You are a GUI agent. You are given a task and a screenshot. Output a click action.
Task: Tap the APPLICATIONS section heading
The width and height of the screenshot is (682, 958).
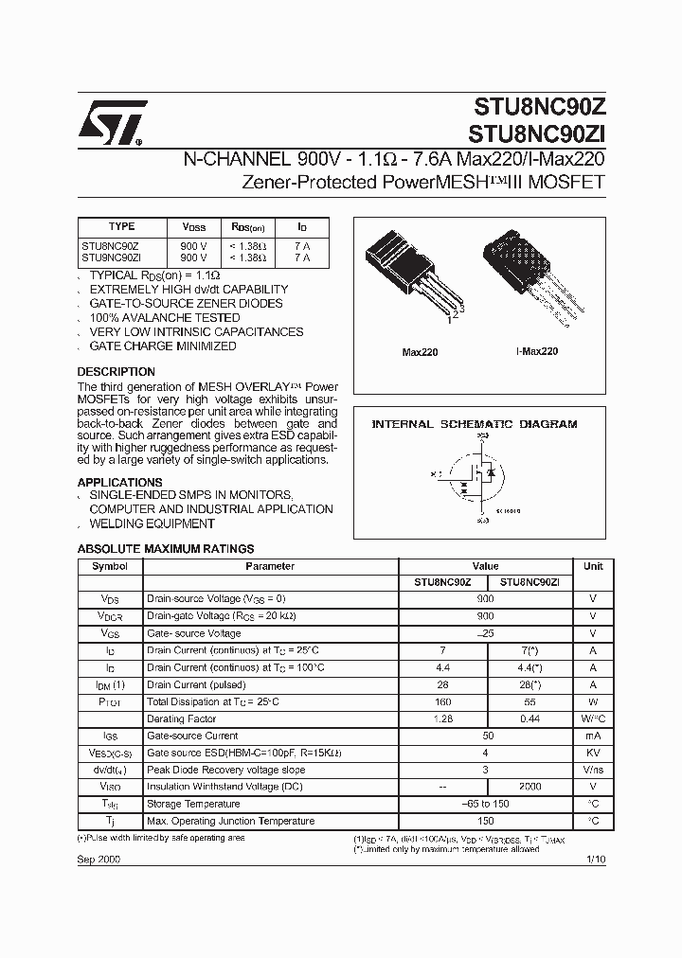click(x=119, y=482)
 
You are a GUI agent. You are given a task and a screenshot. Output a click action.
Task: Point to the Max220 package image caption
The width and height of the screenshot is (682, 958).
click(x=420, y=352)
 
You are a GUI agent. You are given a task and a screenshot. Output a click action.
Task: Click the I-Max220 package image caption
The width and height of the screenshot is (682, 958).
click(x=536, y=351)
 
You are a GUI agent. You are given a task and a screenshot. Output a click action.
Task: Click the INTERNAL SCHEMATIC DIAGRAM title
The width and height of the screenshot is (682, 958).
click(x=474, y=424)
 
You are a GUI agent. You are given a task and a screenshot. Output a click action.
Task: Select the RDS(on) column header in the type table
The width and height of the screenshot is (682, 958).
click(x=248, y=228)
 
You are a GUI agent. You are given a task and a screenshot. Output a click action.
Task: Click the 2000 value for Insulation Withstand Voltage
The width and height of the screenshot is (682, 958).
click(x=529, y=787)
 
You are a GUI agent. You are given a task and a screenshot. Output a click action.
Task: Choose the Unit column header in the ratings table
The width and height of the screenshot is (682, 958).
click(x=593, y=566)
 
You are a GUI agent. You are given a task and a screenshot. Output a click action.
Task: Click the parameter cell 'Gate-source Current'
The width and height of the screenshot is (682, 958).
click(x=192, y=736)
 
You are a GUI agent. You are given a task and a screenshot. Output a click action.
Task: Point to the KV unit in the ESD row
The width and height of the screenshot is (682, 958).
click(x=593, y=753)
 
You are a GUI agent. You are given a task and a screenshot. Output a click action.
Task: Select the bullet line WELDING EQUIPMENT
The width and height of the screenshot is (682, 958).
click(x=152, y=523)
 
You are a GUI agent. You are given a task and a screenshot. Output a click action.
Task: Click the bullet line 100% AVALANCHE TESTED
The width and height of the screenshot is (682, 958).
click(x=164, y=318)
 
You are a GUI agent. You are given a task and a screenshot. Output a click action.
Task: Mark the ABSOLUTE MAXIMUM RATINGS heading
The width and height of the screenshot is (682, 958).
click(x=165, y=548)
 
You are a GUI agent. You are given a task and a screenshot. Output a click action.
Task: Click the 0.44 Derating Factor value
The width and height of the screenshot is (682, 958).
click(x=529, y=718)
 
